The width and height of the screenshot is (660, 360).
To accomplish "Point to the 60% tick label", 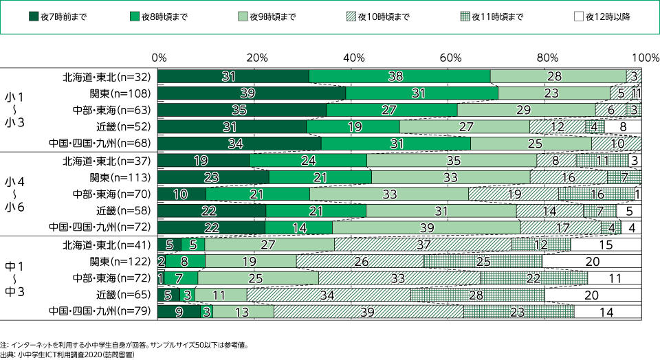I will coord(450,56).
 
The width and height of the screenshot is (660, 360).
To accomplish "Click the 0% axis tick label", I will coord(159,56).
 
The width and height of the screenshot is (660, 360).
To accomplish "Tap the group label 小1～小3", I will coord(15,109).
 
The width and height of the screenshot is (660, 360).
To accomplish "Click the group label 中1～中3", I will coord(15,278).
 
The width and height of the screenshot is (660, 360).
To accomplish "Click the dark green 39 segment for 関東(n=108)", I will coord(252,93).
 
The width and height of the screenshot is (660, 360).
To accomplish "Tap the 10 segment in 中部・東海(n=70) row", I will coord(181,194).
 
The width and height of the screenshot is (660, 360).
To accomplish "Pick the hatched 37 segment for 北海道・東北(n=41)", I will coord(423,245).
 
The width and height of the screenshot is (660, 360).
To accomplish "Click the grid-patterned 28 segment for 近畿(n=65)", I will coord(477,295).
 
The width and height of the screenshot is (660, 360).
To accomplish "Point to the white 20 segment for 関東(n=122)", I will coord(591,261).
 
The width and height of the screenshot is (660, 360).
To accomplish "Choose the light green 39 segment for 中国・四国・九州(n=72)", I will coord(426,227).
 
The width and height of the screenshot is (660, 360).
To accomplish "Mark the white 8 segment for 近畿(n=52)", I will coord(623,126).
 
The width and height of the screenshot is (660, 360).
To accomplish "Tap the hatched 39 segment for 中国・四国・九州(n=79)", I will coord(368,312).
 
